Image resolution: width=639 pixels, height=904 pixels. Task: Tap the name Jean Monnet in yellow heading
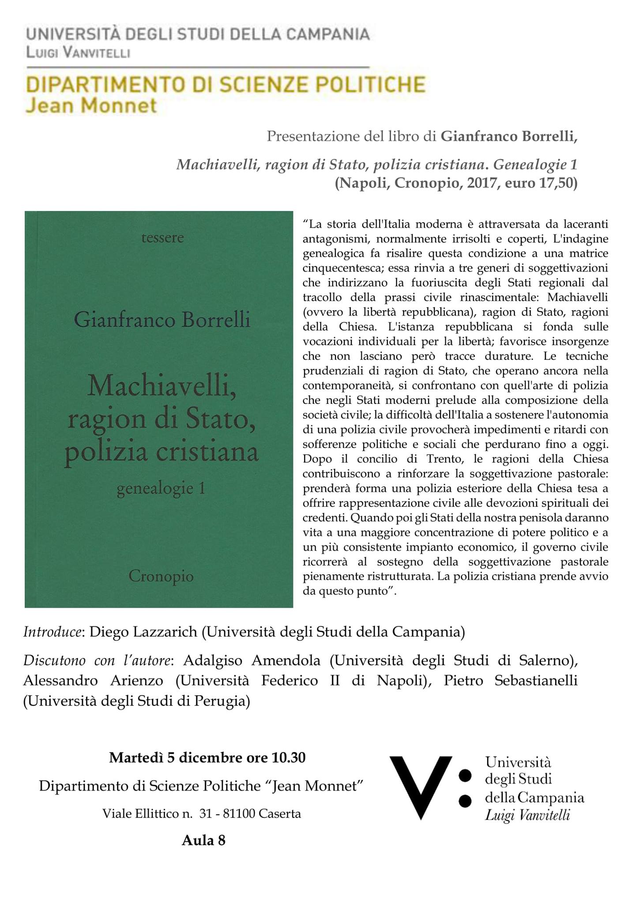91,106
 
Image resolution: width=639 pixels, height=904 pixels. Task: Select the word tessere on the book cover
162,238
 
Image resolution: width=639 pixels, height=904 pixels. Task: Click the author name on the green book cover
162,320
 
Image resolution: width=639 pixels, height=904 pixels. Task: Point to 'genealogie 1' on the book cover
161,489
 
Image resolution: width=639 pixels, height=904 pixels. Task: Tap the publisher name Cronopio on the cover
161,576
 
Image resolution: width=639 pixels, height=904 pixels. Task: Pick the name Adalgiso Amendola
252,661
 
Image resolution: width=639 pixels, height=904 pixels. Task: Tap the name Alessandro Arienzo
93,681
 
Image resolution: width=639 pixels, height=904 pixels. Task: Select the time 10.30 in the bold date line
289,757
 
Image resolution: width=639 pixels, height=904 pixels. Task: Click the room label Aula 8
203,840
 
